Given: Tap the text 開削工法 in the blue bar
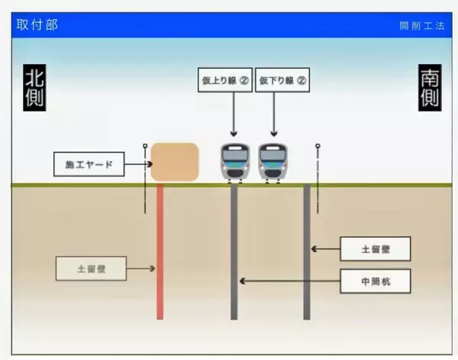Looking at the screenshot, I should point(421,26).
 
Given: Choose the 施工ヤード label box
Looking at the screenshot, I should point(89,164).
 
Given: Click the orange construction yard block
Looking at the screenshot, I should point(175,162).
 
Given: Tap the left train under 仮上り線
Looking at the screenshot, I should point(234,162).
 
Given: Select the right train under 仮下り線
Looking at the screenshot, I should point(273,162).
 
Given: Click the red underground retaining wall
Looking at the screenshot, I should point(160,252).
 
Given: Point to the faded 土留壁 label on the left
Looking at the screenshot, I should point(91,268).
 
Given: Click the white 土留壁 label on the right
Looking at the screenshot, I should point(376,249).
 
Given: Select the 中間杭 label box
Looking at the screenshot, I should point(376,281).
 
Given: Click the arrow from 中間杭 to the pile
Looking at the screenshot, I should point(290,281).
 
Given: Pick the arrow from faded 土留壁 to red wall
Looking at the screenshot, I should point(140,268).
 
